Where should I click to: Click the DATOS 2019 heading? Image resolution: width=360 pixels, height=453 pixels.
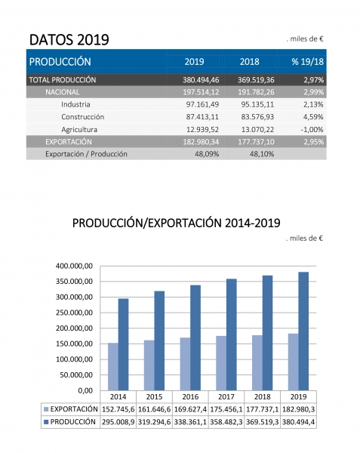point(69,39)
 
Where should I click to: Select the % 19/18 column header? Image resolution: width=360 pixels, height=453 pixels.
point(307,62)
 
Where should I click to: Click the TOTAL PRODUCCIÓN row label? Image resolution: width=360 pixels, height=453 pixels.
point(63,80)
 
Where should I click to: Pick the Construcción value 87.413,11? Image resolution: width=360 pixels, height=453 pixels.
point(202,117)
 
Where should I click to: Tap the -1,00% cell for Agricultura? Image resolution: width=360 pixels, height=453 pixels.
point(312,129)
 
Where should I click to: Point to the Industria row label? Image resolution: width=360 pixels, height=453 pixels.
point(75,104)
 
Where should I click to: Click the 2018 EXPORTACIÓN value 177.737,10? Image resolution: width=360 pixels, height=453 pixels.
point(256,142)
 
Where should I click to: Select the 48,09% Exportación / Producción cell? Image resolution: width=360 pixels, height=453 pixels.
point(207,154)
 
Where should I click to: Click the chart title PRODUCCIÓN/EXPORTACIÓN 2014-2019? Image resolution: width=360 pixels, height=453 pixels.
point(176,223)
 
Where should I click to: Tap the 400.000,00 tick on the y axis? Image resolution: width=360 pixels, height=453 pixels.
point(74,266)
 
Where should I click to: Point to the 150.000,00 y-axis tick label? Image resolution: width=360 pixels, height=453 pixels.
point(74,344)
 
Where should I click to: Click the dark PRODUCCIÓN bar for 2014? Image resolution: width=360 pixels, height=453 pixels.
point(124,344)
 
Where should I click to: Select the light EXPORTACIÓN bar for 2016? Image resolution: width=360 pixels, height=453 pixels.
point(186,364)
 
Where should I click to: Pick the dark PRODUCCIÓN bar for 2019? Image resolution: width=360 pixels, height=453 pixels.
point(303,331)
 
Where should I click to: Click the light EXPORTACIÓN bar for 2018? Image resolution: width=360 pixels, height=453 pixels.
point(257,363)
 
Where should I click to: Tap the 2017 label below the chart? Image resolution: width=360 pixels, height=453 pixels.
point(226,396)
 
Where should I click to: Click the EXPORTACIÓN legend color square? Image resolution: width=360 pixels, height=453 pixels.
point(46,409)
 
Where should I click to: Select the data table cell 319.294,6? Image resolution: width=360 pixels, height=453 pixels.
point(154,422)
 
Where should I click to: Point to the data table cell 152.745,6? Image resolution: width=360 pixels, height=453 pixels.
point(118,409)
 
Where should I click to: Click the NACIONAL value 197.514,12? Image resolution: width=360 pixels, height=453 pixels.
point(201,92)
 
